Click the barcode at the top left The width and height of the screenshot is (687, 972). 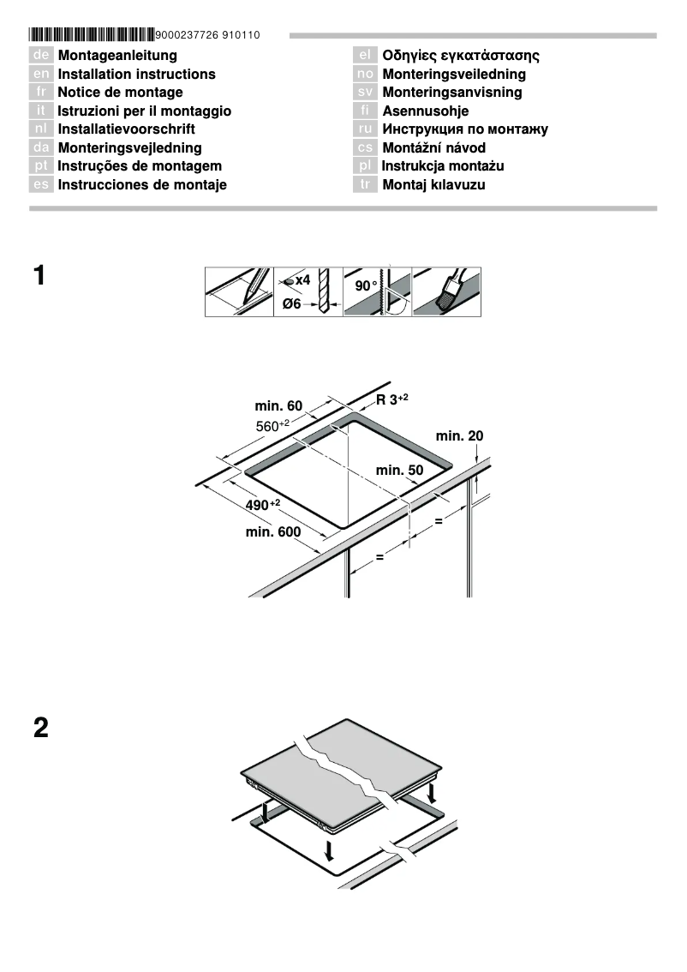coord(91,35)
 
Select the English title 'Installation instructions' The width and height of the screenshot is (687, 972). coord(136,75)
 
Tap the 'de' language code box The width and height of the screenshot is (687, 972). coord(41,56)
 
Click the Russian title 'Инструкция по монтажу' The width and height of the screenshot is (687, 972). coord(465,129)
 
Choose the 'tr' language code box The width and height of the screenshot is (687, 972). coord(365,185)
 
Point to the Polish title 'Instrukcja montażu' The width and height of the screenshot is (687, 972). coord(455,166)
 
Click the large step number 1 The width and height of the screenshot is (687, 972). coord(39,277)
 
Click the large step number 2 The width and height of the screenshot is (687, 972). coord(40,729)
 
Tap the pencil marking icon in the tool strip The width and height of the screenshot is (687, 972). coord(239,292)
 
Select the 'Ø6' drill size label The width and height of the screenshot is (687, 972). coord(292,305)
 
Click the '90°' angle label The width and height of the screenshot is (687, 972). coord(366,285)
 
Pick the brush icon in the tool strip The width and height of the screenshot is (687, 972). coord(446,292)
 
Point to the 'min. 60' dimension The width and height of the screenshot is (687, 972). coord(278,405)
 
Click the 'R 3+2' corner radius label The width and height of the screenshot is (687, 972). coord(392,399)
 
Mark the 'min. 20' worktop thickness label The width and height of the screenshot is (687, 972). coord(459,436)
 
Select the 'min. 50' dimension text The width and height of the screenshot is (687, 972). coord(400,470)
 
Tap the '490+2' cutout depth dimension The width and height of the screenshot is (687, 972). coord(263,505)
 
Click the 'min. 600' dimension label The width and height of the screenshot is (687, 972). coord(273,532)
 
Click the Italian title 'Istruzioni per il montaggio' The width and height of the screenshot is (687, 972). coord(144,111)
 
